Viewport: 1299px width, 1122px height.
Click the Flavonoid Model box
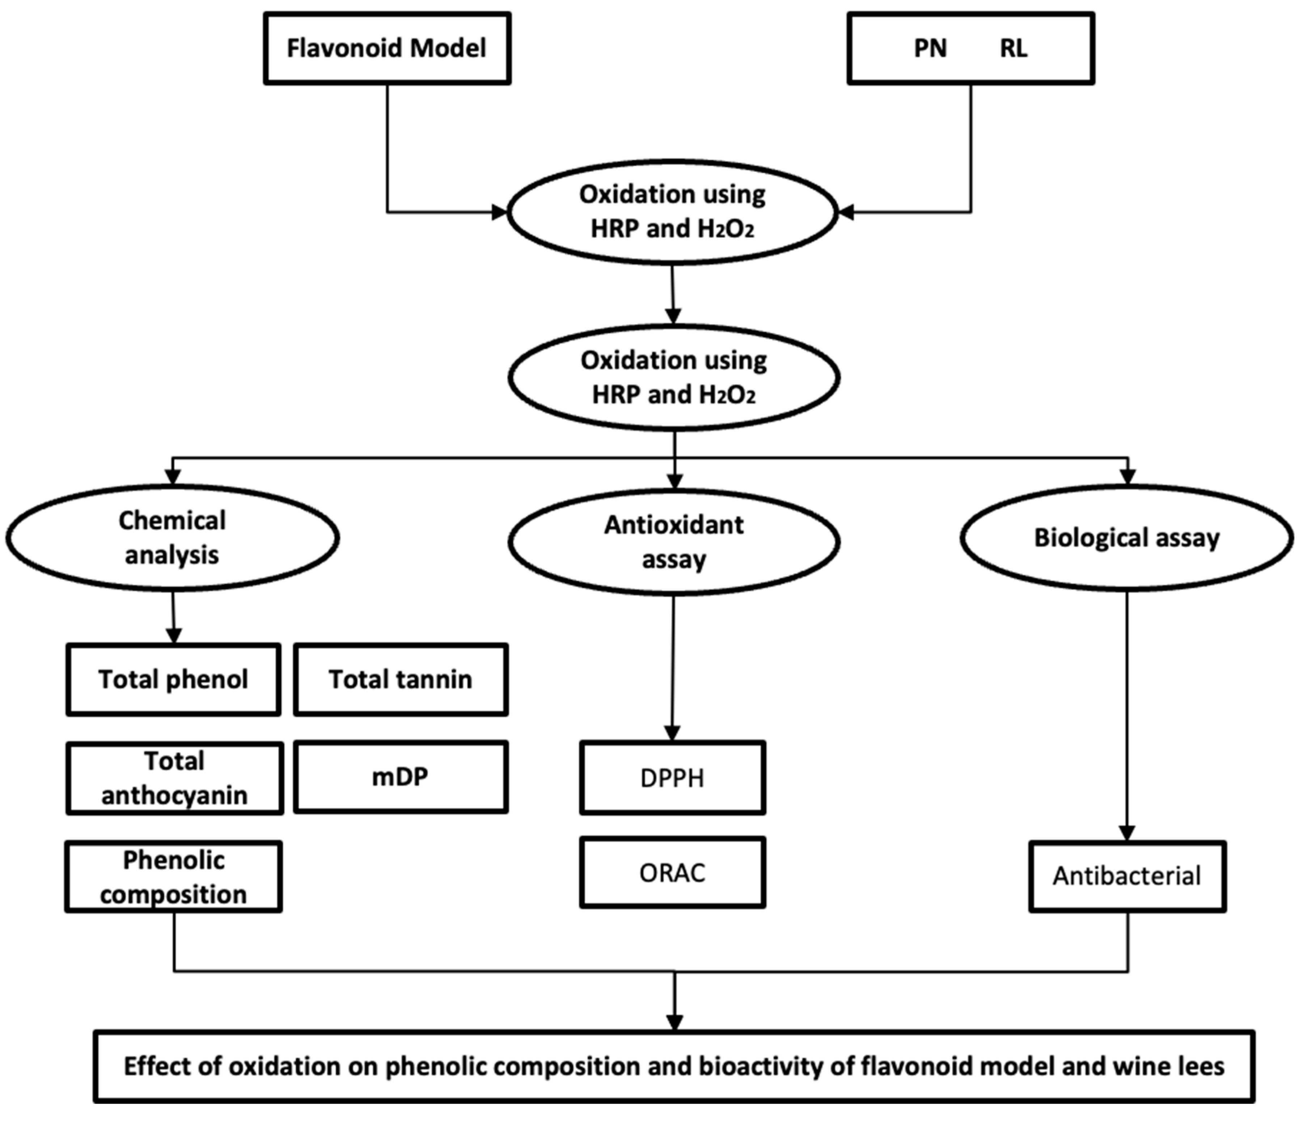387,48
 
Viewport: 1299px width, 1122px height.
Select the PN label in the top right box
930,48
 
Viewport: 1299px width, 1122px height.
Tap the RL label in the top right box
1013,48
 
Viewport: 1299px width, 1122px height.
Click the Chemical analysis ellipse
172,538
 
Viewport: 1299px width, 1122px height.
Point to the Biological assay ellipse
1127,538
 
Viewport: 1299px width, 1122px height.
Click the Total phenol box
173,679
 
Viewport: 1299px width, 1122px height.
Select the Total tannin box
401,679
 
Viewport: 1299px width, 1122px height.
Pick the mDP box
401,777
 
